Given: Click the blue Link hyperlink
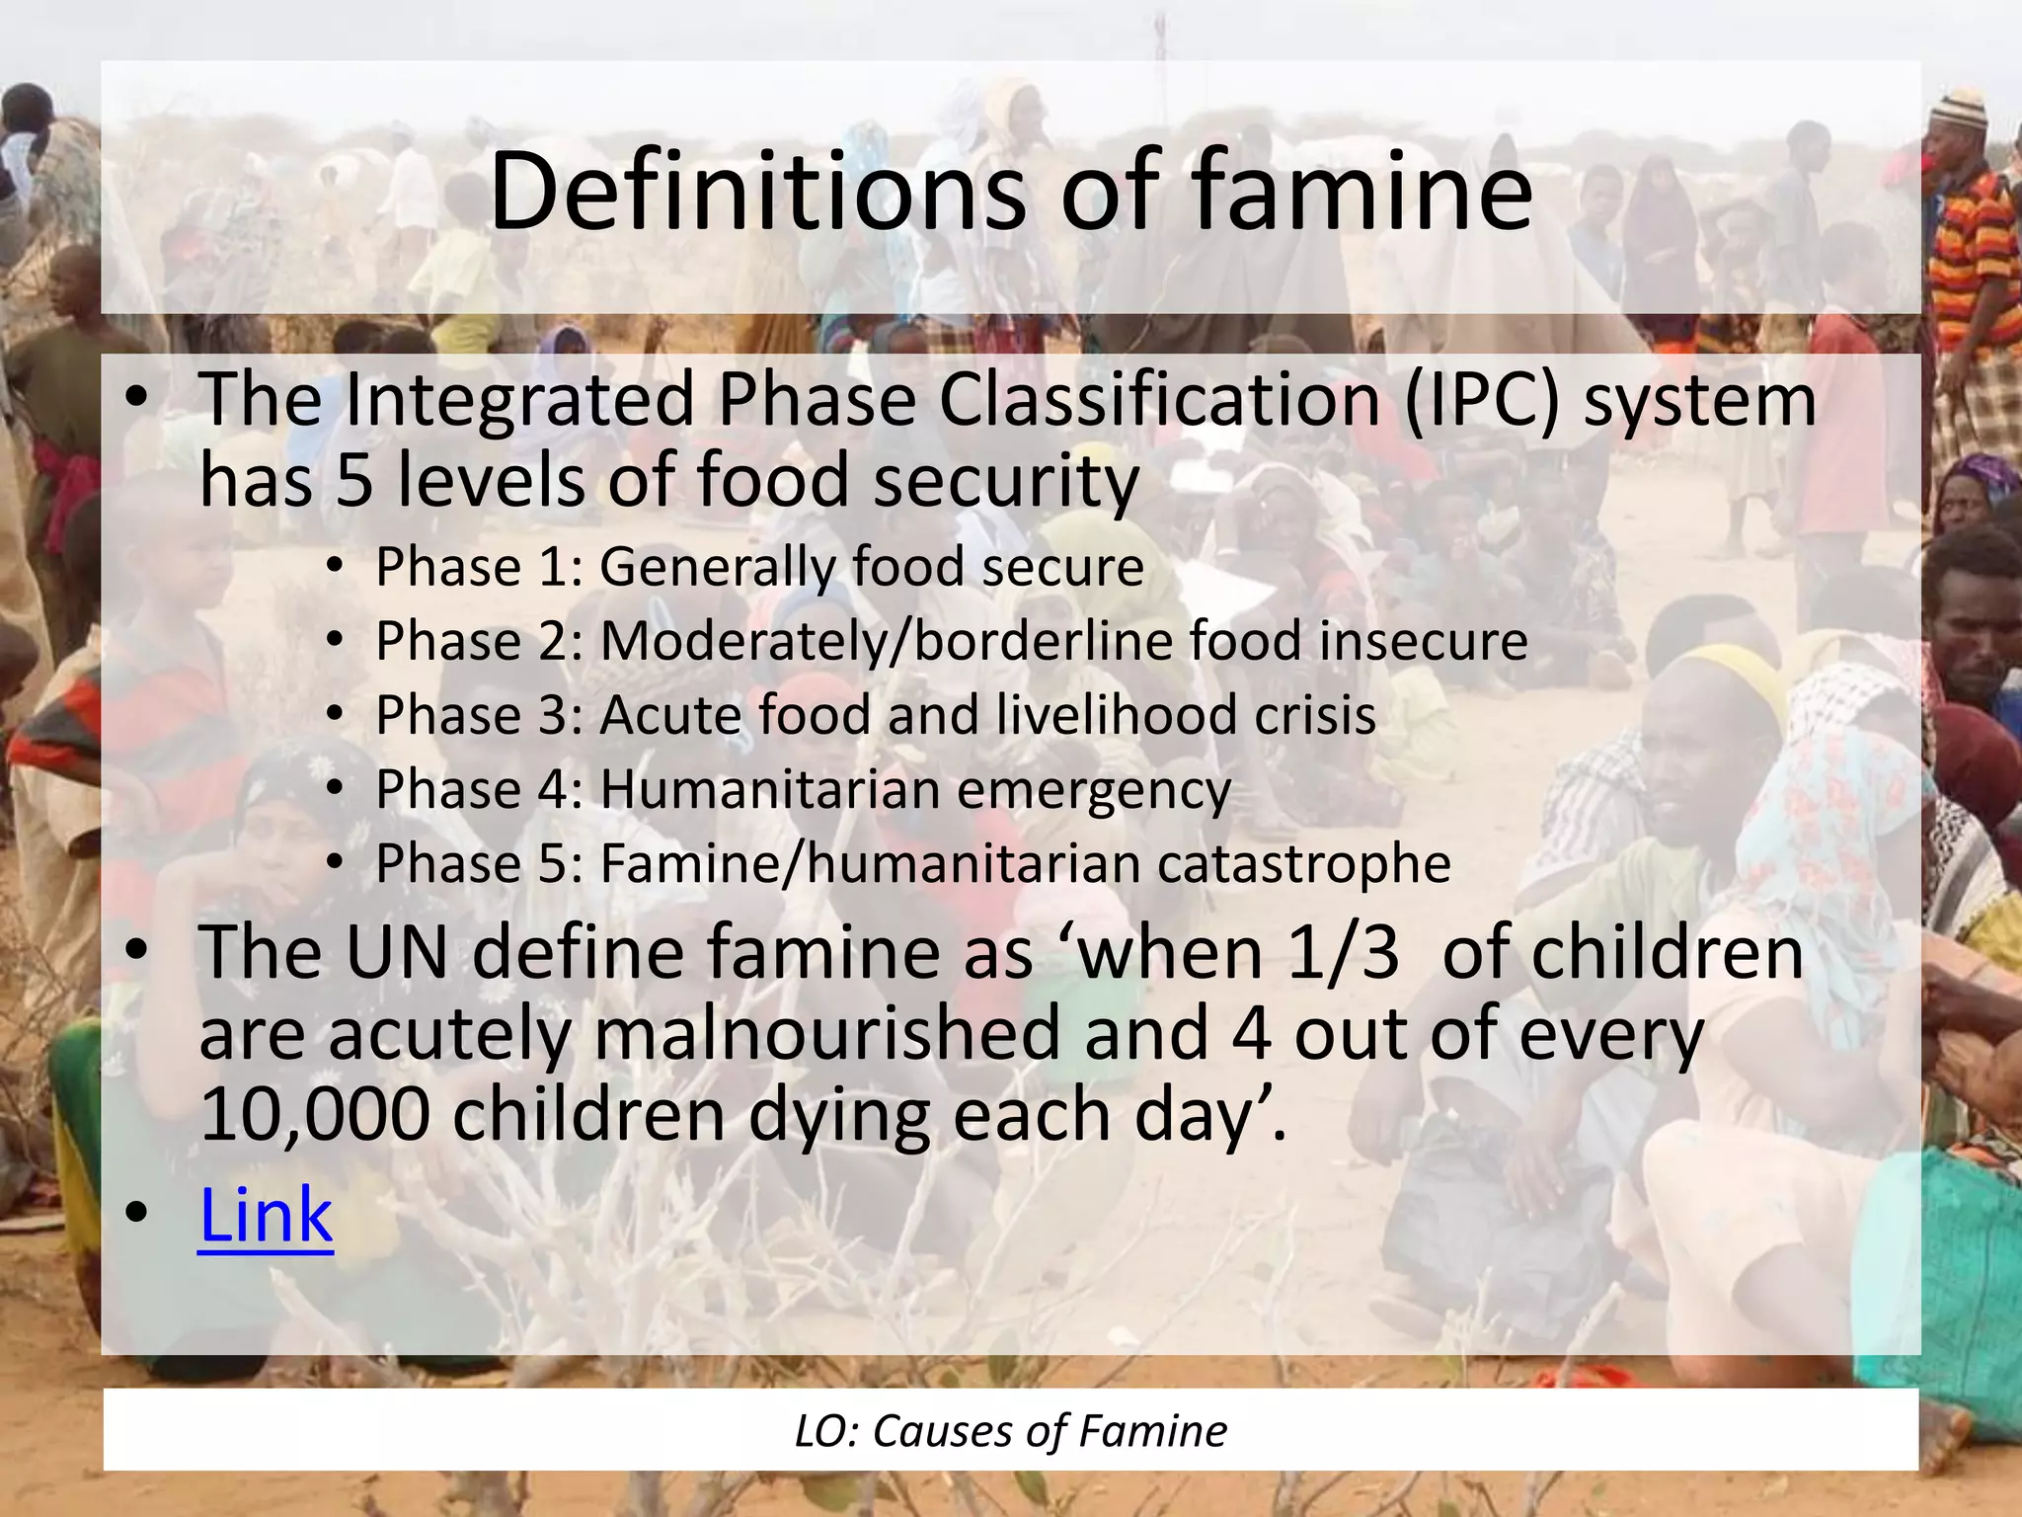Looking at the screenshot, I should point(266,1215).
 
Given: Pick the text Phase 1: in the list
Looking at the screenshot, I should point(480,568).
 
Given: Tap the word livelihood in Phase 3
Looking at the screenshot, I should point(1116,715).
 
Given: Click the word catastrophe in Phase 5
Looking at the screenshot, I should point(1303,864).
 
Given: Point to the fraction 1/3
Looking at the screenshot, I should point(1344,953).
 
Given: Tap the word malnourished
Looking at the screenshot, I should point(828,1034).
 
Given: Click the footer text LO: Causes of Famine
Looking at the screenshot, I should point(1010,1431).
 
